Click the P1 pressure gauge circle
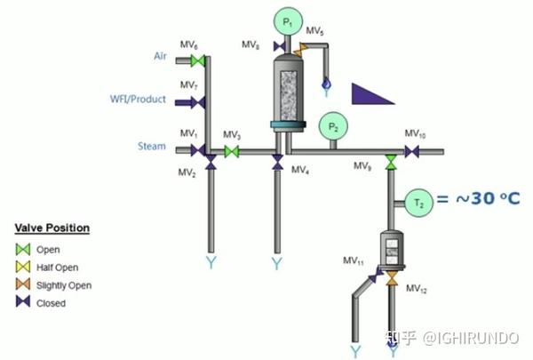coord(286,20)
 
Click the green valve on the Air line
coord(198,61)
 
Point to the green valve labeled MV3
coord(231,152)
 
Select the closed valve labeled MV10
coord(412,152)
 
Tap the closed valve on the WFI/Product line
coord(198,102)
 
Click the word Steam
coord(151,146)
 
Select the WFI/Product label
coord(138,100)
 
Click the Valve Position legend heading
coord(52,228)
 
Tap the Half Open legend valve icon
coord(23,268)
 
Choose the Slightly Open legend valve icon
coord(23,285)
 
